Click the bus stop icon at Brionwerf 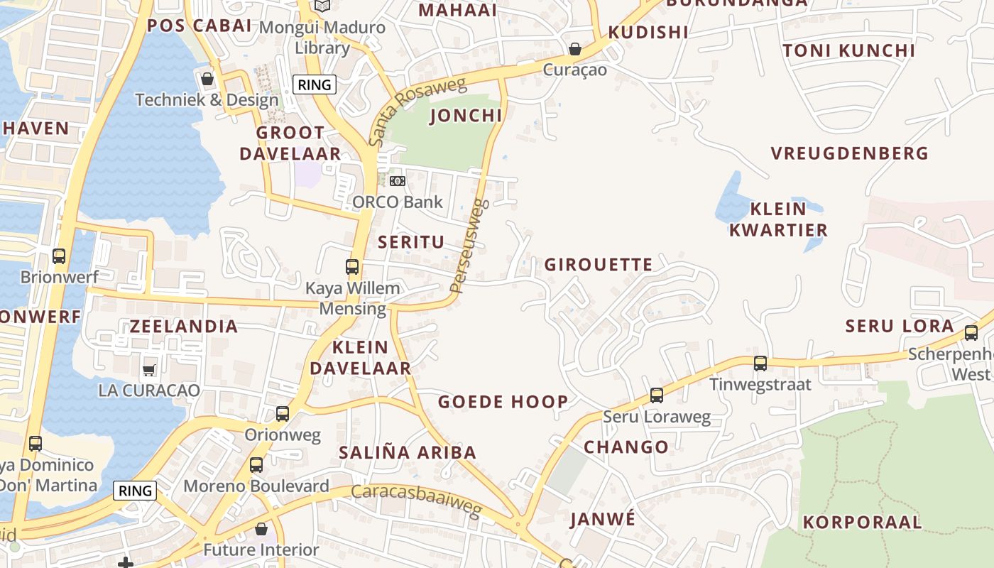pyautogui.click(x=59, y=256)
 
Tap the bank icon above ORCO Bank pyautogui.click(x=398, y=181)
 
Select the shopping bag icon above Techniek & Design pyautogui.click(x=207, y=79)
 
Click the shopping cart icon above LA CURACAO pyautogui.click(x=149, y=369)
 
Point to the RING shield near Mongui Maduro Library pyautogui.click(x=315, y=85)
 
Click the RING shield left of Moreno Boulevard pyautogui.click(x=135, y=491)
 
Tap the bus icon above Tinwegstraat pyautogui.click(x=760, y=364)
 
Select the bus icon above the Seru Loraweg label pyautogui.click(x=657, y=395)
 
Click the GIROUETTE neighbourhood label pyautogui.click(x=599, y=265)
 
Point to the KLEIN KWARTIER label pyautogui.click(x=778, y=219)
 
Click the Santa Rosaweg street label pyautogui.click(x=417, y=111)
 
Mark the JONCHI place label pyautogui.click(x=466, y=116)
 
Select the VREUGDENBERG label pyautogui.click(x=849, y=153)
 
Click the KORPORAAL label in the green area pyautogui.click(x=862, y=523)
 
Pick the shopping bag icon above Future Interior pyautogui.click(x=261, y=529)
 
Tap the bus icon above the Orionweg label pyautogui.click(x=283, y=414)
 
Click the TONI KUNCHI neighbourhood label pyautogui.click(x=849, y=50)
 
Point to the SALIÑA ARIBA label pyautogui.click(x=408, y=452)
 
